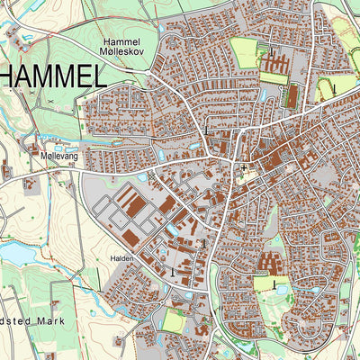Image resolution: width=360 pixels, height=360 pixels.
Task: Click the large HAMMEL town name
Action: coord(51,76)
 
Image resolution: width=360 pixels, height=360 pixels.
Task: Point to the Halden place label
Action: coord(122,258)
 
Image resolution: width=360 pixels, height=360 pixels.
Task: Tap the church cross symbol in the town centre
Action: coord(243,167)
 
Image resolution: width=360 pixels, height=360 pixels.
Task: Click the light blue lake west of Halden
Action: coord(18,255)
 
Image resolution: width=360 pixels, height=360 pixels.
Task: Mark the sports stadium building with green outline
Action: coord(292,94)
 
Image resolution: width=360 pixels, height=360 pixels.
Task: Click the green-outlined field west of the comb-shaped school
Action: coord(243,52)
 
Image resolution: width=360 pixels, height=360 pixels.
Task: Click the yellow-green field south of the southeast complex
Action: coord(264,284)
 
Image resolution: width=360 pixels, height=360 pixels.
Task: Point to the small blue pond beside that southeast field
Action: coord(281,290)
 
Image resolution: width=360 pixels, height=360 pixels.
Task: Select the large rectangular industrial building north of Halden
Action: coord(134,206)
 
